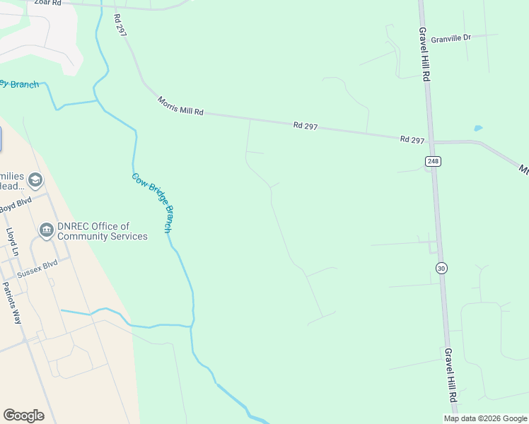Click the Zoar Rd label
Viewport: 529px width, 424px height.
tap(48, 3)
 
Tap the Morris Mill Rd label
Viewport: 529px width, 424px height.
tap(180, 107)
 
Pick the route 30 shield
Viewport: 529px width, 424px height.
tap(441, 268)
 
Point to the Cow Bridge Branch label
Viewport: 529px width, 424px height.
tap(152, 203)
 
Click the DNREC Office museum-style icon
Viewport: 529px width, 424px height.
tap(47, 230)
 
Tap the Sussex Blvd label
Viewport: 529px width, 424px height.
tap(37, 267)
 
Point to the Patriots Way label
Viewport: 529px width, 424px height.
tap(13, 302)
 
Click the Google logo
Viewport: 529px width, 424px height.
tap(23, 415)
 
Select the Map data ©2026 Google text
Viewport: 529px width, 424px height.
tap(485, 418)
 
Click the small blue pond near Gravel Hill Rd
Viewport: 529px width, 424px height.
tap(478, 128)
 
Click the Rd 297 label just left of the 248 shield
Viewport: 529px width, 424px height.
tap(412, 139)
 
